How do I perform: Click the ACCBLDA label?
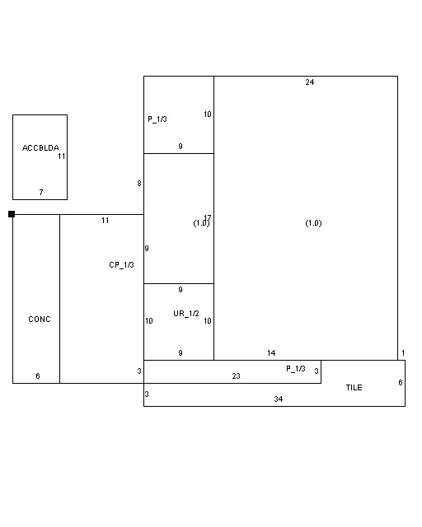40,148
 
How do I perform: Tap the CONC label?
40,319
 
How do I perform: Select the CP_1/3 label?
121,265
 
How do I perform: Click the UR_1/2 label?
186,314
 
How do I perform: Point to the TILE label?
354,388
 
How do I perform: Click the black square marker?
12,214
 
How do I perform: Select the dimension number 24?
310,82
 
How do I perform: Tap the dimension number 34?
279,399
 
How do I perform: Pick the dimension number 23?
236,375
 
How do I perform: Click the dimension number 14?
271,353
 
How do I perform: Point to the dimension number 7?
41,192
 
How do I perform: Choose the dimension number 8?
139,184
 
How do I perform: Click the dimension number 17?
208,217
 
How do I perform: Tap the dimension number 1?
403,353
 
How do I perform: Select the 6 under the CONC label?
38,375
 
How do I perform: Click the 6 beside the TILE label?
400,382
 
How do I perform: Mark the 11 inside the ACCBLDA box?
61,156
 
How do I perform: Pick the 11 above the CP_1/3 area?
105,221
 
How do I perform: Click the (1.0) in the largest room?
313,223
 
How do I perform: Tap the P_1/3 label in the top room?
157,119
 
